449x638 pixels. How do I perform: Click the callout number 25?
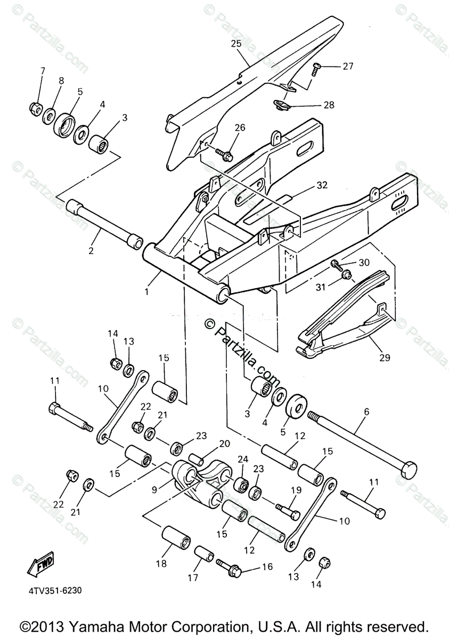coord(236,44)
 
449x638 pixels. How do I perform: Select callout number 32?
coord(322,185)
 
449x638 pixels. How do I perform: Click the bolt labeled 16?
coord(230,569)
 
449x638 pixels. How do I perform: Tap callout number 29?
coord(384,357)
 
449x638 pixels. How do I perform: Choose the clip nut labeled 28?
coord(281,104)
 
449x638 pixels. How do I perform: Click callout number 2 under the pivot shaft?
coord(91,249)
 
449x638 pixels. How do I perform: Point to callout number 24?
coord(243,459)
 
